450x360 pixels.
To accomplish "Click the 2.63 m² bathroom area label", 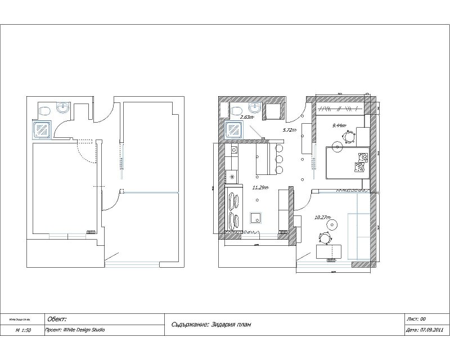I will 247,118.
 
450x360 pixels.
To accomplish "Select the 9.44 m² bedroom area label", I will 339,126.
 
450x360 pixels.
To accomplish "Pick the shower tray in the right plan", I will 233,130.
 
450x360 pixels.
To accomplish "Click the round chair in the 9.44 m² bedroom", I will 350,136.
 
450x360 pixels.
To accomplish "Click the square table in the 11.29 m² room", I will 255,218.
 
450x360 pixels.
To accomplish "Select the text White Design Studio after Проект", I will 84,330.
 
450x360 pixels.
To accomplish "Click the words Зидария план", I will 232,324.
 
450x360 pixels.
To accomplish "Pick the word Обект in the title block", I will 58,319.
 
